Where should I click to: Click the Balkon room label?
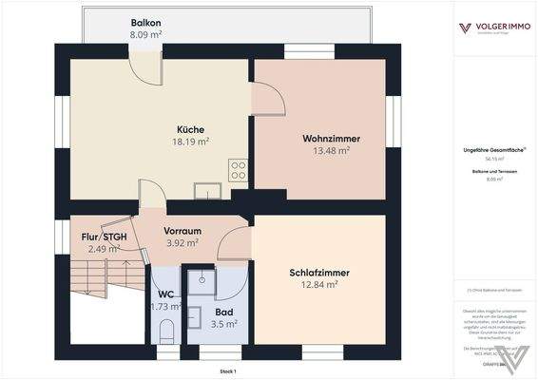click(145, 21)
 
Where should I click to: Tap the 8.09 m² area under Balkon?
click(145, 33)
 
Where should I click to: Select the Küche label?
click(190, 129)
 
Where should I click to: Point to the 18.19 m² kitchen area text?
click(190, 142)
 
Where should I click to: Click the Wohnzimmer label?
click(331, 138)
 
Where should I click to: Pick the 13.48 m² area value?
click(331, 150)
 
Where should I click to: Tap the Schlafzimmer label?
click(319, 273)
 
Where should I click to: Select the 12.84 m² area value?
click(319, 285)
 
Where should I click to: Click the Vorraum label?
click(183, 231)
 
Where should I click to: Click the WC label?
click(165, 294)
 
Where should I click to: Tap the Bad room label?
click(224, 311)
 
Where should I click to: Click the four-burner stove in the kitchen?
click(238, 171)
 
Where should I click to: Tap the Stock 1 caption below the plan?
click(227, 370)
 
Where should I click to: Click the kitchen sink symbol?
click(206, 190)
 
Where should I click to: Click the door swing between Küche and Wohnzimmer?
click(265, 99)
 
